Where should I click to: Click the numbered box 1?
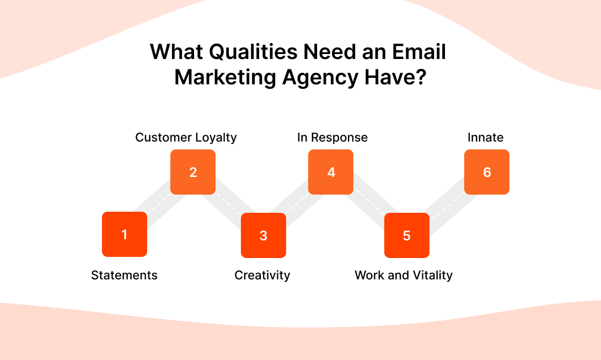coord(125,234)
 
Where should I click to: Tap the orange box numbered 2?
coord(193,172)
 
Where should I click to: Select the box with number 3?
coord(264,235)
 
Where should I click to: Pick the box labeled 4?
coord(331,172)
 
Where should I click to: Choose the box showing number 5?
coord(407,235)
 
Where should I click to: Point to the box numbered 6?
coord(487,172)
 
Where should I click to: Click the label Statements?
coord(124,275)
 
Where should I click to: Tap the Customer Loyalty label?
coord(186,137)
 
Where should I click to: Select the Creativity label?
coord(262,275)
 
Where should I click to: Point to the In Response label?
coord(332,137)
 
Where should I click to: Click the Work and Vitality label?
coord(404,275)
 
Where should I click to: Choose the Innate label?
coord(486,137)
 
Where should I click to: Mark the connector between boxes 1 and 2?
coord(159,203)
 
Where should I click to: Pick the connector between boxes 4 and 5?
coord(369,203)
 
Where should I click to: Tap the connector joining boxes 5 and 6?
coord(447,203)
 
